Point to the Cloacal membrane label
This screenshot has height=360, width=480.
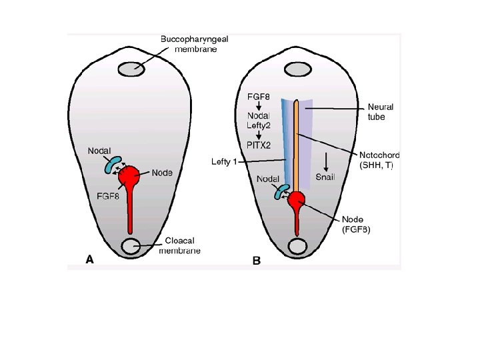coord(179,245)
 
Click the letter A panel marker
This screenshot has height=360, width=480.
coord(89,261)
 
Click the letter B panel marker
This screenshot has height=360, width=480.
coord(256,261)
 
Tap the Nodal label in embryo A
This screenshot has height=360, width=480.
coord(100,151)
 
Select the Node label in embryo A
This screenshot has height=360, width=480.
coord(162,173)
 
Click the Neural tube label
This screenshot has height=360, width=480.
coord(381,111)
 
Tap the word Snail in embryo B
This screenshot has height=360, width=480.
coord(326,176)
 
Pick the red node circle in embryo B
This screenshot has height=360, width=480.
coord(296,199)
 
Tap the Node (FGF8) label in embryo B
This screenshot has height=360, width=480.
coord(356,225)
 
